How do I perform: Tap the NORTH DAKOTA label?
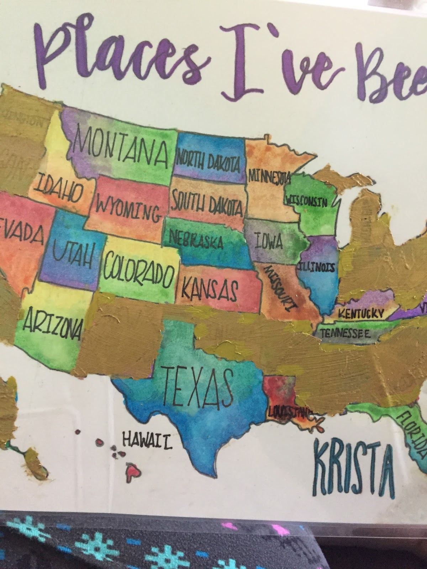coord(208,162)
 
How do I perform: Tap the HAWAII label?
coord(147,440)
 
